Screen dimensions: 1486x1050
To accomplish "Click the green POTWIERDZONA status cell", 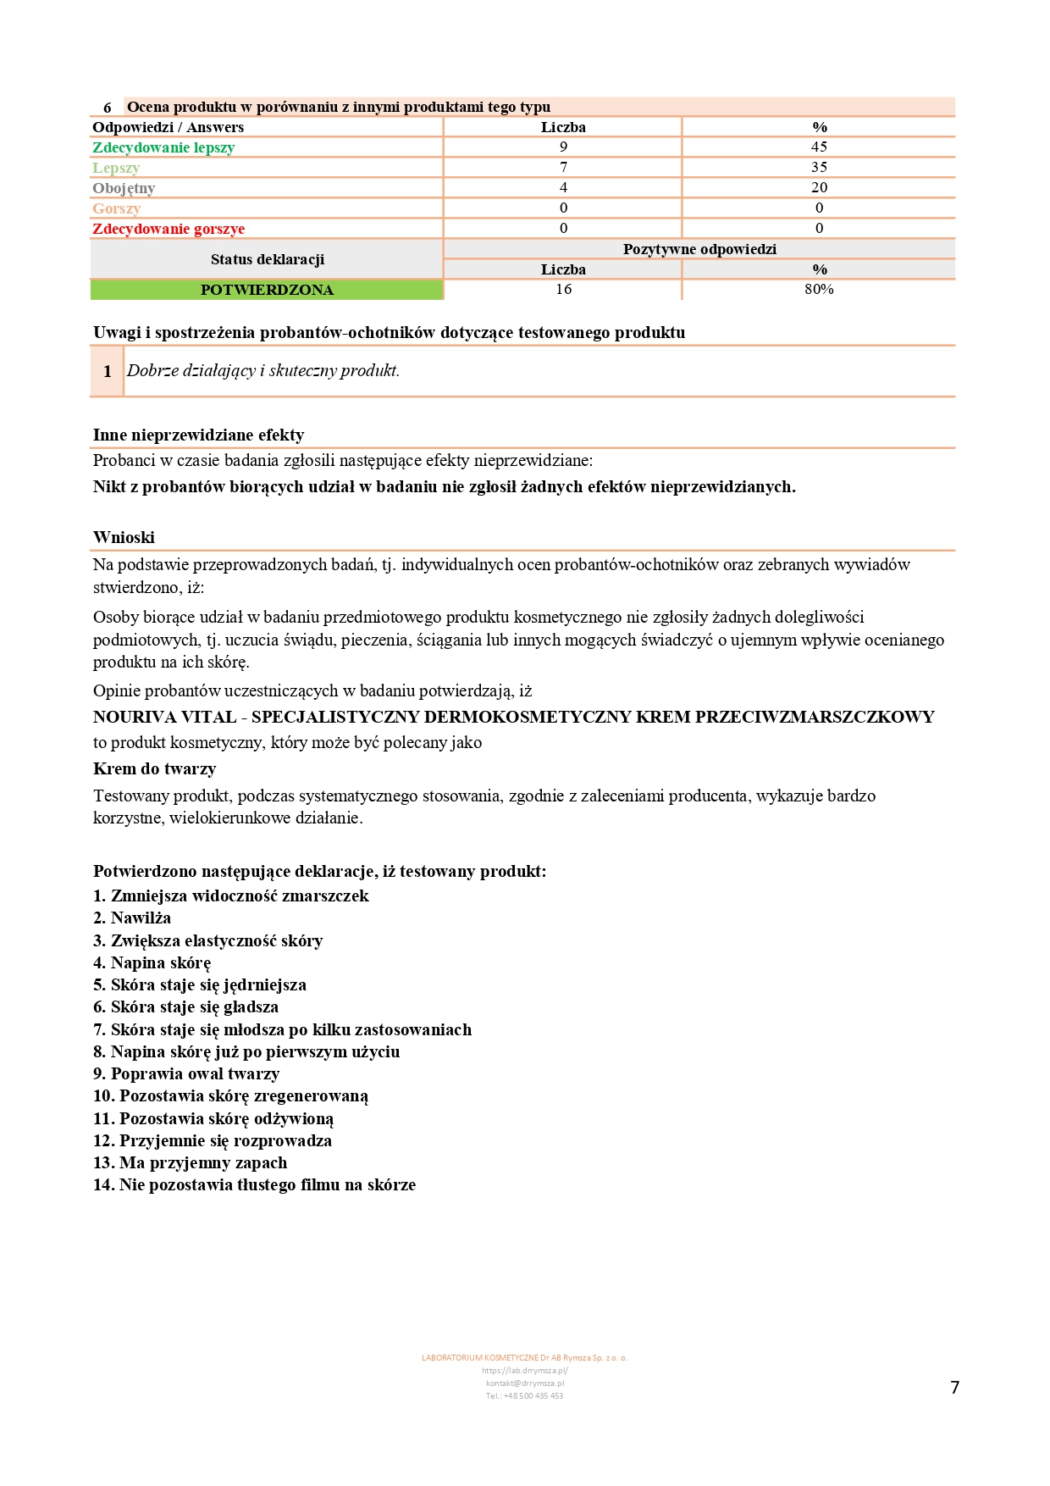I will click(x=267, y=290).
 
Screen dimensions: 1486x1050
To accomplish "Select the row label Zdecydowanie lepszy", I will click(x=163, y=147).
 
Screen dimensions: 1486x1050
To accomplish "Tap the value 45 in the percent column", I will click(x=819, y=147).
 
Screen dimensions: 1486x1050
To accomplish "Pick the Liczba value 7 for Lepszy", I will click(x=563, y=167).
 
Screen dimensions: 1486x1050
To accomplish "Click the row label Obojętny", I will click(x=124, y=188).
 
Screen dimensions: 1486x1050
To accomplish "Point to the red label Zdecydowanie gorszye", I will click(x=169, y=229).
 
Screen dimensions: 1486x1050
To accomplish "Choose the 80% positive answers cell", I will click(x=819, y=289).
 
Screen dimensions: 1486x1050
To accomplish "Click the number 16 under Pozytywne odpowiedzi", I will click(x=563, y=289).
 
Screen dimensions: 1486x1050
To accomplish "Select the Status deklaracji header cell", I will click(x=267, y=259).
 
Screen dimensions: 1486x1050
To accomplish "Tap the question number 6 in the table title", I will click(x=108, y=108).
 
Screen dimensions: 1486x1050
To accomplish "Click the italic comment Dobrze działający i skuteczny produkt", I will click(x=263, y=371).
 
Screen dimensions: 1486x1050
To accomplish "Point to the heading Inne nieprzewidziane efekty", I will click(x=198, y=435).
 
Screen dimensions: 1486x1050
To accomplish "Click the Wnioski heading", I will click(x=124, y=538).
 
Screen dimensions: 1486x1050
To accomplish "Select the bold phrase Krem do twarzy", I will click(x=154, y=769).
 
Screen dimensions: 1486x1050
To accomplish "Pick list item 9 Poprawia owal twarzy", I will click(x=186, y=1074).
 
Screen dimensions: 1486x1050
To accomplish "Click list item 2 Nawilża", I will click(x=132, y=918).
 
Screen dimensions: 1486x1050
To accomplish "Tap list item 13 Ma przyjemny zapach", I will click(x=190, y=1163).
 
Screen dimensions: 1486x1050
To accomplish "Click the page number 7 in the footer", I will click(x=954, y=1388).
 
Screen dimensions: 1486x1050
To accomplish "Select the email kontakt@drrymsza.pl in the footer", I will click(x=524, y=1383).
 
